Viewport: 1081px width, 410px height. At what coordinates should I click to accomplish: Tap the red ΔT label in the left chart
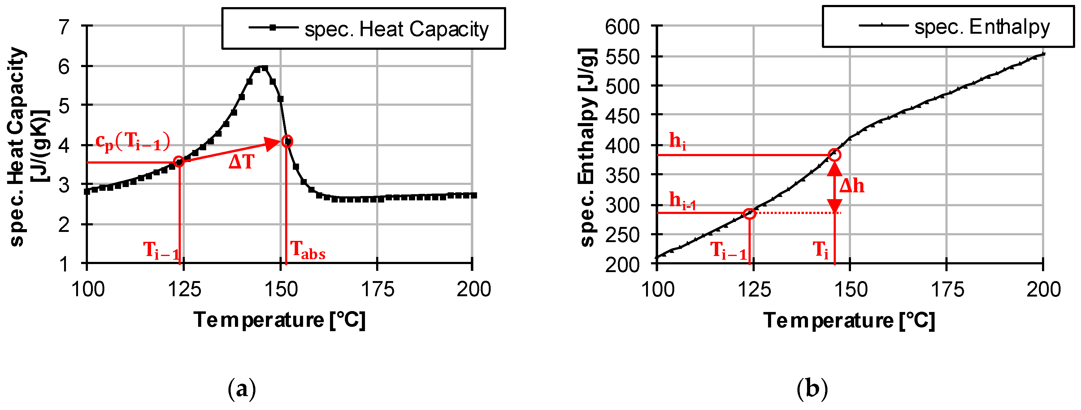click(241, 162)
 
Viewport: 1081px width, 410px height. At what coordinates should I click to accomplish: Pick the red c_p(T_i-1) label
click(132, 141)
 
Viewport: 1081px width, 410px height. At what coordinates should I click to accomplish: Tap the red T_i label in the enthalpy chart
click(820, 250)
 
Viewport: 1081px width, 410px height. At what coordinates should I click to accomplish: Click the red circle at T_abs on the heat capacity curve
click(287, 141)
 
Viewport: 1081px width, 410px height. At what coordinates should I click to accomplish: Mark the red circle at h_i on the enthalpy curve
click(835, 155)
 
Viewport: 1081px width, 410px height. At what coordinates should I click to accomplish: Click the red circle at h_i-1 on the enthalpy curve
click(749, 213)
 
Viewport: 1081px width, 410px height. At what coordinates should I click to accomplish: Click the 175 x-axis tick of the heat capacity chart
click(377, 289)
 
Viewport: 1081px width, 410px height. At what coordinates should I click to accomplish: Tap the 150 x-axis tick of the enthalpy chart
click(850, 289)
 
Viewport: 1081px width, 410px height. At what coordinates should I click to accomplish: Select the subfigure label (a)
click(241, 389)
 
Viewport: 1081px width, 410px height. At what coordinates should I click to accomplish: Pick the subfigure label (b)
click(812, 389)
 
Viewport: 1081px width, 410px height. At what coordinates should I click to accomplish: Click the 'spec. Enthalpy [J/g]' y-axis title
click(588, 147)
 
